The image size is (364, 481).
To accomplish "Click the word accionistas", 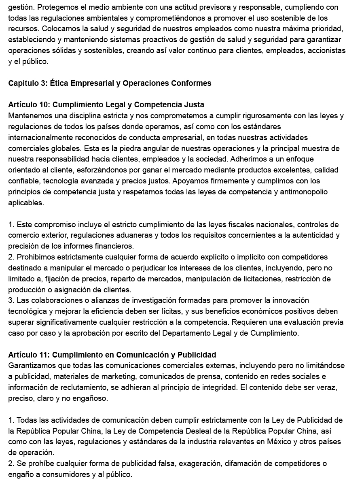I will tap(326, 51).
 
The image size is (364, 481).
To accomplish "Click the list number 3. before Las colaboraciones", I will tap(11, 300).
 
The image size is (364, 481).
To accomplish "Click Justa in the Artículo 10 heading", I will tap(194, 105).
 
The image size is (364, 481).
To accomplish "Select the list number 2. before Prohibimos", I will tap(11, 257).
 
